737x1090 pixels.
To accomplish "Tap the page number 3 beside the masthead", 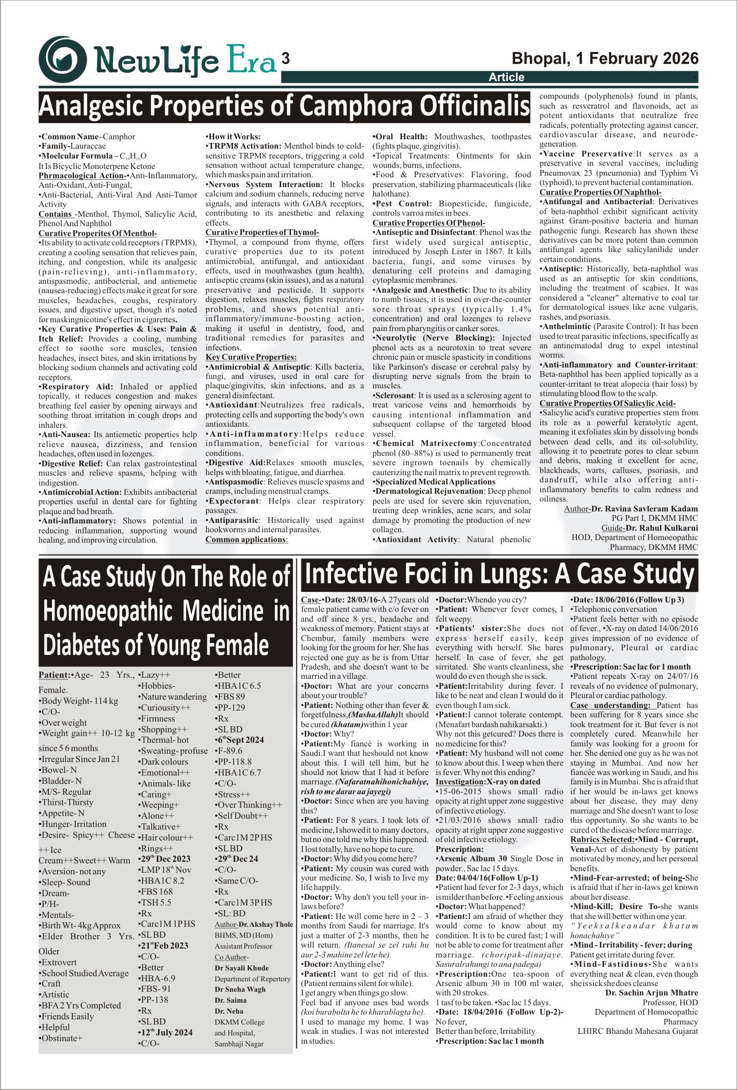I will (285, 59).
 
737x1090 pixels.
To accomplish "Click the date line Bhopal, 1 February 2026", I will (605, 58).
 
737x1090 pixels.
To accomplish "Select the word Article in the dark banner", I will (506, 77).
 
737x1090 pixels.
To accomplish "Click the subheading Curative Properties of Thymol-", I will (262, 232).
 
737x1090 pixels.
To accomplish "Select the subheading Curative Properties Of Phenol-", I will (429, 223).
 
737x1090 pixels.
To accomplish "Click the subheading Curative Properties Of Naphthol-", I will (600, 192).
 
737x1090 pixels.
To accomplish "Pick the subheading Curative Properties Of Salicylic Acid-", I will (607, 403).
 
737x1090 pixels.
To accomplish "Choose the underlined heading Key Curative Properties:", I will (251, 357).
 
